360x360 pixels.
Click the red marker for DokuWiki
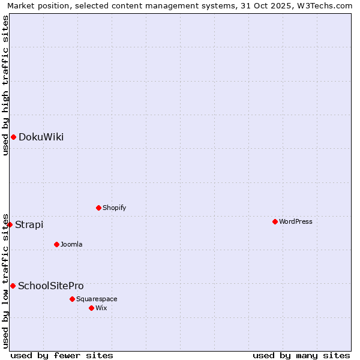coord(13,137)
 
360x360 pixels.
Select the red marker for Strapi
coord(10,224)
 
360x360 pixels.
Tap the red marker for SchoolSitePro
coord(13,286)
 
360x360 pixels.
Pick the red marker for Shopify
coord(98,208)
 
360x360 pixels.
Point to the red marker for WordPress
coord(275,221)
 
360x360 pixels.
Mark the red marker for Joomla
coord(56,244)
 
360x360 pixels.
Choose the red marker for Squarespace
coord(72,299)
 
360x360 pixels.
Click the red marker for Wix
coord(91,308)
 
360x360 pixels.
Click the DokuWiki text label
coord(41,137)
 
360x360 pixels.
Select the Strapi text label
coord(29,224)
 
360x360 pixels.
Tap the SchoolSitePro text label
coord(50,286)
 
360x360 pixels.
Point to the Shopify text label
coord(114,208)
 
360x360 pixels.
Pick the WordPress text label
coord(295,221)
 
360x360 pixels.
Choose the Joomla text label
coord(71,244)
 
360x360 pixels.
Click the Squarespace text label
coord(97,299)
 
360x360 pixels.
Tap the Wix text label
coord(101,308)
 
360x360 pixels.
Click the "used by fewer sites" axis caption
coord(62,355)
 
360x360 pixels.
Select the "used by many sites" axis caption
coord(301,355)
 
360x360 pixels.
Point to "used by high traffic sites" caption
coord(5,85)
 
